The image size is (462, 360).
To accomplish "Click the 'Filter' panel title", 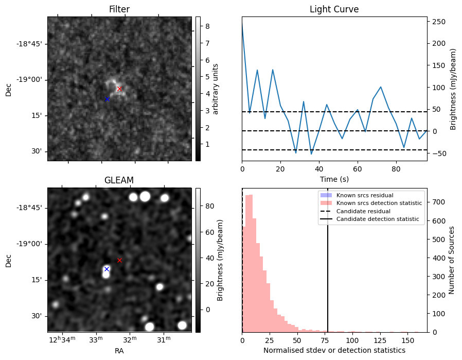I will [119, 9].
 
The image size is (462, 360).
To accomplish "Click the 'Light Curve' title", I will [334, 9].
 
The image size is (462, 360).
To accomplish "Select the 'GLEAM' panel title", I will [119, 180].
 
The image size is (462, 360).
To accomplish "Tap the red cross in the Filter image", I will [119, 89].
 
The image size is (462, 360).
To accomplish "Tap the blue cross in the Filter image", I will [107, 99].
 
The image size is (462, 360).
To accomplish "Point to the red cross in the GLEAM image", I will [119, 260].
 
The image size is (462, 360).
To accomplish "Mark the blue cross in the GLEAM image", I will [106, 269].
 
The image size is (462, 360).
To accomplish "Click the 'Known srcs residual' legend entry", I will [364, 195].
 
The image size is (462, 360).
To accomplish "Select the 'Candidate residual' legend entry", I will [363, 211].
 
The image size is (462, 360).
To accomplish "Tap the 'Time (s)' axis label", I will [334, 178].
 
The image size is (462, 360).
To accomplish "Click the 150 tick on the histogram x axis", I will [407, 340].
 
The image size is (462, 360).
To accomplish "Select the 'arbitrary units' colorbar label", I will [216, 89].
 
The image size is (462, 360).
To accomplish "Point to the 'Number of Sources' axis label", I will [452, 261].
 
